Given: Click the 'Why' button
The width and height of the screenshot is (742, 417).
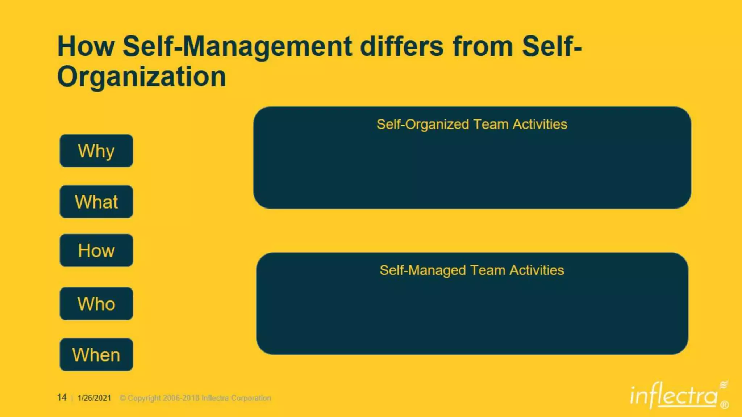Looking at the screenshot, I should [x=96, y=151].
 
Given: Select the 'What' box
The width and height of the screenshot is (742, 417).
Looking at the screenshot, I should [x=96, y=202].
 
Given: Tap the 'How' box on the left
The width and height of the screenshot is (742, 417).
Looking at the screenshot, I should [x=96, y=250].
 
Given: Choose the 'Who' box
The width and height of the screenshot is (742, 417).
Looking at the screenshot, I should [x=96, y=303].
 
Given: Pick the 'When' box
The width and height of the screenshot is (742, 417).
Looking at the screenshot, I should [x=96, y=354].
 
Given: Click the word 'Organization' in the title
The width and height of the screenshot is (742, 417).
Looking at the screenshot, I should [x=141, y=77].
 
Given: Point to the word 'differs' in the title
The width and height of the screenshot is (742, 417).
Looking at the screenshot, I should [x=401, y=46].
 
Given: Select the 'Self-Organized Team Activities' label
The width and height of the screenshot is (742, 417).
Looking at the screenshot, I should [x=472, y=124].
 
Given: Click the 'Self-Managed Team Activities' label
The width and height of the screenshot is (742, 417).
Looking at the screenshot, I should [x=472, y=270].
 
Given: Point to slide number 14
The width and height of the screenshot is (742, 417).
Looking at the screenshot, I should [x=62, y=397].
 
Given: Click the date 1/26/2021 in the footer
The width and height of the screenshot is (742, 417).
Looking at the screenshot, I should [x=94, y=398].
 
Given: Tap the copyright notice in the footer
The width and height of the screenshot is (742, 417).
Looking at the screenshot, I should [x=195, y=398].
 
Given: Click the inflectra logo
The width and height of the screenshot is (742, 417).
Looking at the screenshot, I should [x=674, y=396].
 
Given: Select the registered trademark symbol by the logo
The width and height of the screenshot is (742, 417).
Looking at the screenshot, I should [x=725, y=404].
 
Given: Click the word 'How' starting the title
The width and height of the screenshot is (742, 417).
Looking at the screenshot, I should [x=86, y=46].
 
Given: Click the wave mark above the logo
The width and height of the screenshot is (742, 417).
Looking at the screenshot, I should [x=724, y=384].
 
